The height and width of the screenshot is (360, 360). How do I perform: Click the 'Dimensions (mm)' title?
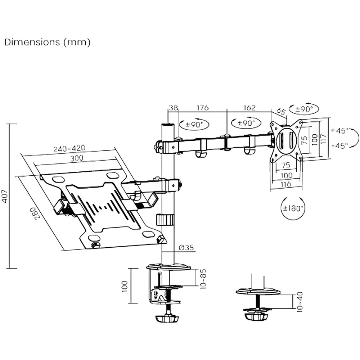pos(47,42)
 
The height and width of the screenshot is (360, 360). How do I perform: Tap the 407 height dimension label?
pos(5,196)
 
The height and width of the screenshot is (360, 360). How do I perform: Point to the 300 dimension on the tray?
pos(77,158)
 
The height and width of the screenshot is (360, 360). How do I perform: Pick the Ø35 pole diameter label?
pos(186,247)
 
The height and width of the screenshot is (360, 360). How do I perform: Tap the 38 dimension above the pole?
pos(173,108)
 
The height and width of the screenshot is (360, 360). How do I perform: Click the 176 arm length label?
pos(202,108)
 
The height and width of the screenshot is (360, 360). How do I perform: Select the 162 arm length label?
pos(249,108)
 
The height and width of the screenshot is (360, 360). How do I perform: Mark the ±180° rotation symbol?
pos(292,208)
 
